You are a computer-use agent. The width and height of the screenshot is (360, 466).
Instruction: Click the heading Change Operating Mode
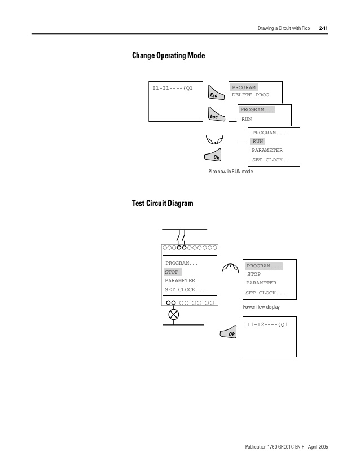(x=168, y=56)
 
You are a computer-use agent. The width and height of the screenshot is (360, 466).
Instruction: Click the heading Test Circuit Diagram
(x=163, y=204)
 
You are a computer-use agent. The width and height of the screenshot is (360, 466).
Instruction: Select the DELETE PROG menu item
(x=251, y=95)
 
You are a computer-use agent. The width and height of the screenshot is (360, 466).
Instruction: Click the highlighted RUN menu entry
(x=258, y=141)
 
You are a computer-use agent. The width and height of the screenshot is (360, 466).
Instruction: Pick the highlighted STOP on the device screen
(x=172, y=272)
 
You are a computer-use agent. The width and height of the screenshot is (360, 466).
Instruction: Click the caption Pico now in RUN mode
(x=231, y=172)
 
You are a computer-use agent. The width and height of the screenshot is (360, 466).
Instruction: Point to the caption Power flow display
(x=261, y=307)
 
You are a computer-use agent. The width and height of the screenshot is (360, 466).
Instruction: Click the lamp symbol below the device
(x=174, y=315)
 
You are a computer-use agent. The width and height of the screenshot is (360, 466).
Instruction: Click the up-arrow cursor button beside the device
(x=230, y=267)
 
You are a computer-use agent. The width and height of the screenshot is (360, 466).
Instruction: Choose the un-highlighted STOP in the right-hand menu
(x=254, y=274)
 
